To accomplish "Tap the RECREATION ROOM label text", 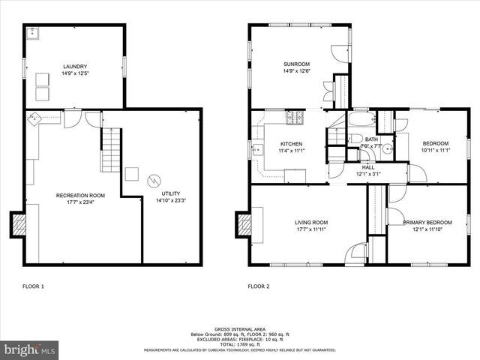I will click(80, 196).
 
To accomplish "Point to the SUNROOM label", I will click(298, 64).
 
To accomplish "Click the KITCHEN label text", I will click(291, 143).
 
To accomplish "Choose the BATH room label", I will click(371, 139).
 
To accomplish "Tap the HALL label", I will click(367, 167).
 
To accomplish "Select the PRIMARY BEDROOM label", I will click(427, 223).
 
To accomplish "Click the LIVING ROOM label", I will click(310, 222).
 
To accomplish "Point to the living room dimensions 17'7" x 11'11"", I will click(310, 229).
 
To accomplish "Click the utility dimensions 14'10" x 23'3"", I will click(171, 201).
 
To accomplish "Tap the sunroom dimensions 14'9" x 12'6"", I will click(298, 71).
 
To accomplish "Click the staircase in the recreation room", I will click(110, 149).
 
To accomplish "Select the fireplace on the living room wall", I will click(244, 224).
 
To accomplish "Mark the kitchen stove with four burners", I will click(295, 117).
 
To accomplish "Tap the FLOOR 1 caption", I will click(34, 286).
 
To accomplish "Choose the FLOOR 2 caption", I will click(259, 286).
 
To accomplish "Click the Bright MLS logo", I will click(30, 349).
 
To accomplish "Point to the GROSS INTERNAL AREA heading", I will click(240, 329).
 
